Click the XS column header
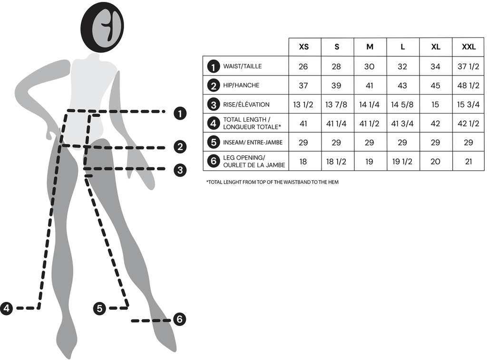coord(303,47)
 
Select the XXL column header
coord(468,47)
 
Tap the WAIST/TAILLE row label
coord(243,67)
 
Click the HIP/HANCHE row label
coord(241,86)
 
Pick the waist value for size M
coord(370,67)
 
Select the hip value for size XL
coord(435,86)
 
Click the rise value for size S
coord(336,105)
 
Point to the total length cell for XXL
coord(468,124)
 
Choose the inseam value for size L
coord(402,143)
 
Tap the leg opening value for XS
coord(303,162)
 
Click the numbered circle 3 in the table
coord(214,104)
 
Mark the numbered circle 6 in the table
coord(214,161)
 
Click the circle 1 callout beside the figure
coord(180,113)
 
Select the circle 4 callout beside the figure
coord(7,308)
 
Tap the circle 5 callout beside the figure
coord(99,308)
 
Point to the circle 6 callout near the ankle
coord(179,320)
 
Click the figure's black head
coord(102,27)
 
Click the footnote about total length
coord(272,182)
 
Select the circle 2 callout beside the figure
coord(180,147)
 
